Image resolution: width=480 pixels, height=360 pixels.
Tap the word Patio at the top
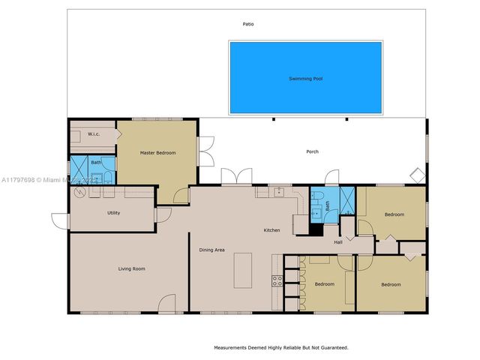tap(247, 24)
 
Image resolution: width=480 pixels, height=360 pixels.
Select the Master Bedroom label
tap(158, 153)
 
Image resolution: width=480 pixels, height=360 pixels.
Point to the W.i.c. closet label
tap(94, 134)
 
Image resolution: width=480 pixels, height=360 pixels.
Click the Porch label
tap(312, 151)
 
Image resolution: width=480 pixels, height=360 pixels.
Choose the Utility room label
tap(113, 213)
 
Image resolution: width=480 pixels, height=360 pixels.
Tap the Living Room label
tap(131, 268)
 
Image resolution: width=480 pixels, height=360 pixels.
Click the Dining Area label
tap(211, 250)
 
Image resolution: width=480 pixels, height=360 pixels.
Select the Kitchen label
tap(271, 229)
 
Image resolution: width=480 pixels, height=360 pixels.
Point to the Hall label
tap(338, 241)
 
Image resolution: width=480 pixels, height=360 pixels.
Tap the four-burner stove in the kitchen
tap(277, 281)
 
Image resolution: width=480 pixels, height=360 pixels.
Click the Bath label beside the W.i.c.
tap(96, 162)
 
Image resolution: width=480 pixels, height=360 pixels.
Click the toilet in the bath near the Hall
tap(316, 212)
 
